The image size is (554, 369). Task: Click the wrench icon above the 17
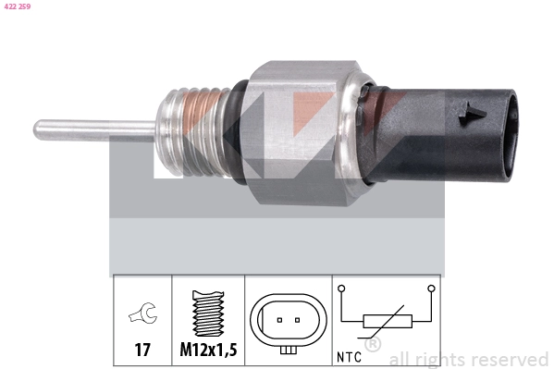[x=142, y=316]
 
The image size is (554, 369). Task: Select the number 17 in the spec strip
[x=142, y=351]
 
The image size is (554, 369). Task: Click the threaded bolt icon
[x=207, y=314]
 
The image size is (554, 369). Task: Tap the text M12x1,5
[x=208, y=351]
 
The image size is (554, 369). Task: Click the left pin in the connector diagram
[x=278, y=321]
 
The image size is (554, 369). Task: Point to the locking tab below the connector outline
[x=289, y=349]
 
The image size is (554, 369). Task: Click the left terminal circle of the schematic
[x=341, y=289]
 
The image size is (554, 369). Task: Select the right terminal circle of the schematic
[x=430, y=289]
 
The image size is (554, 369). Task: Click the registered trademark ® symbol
[x=373, y=344]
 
